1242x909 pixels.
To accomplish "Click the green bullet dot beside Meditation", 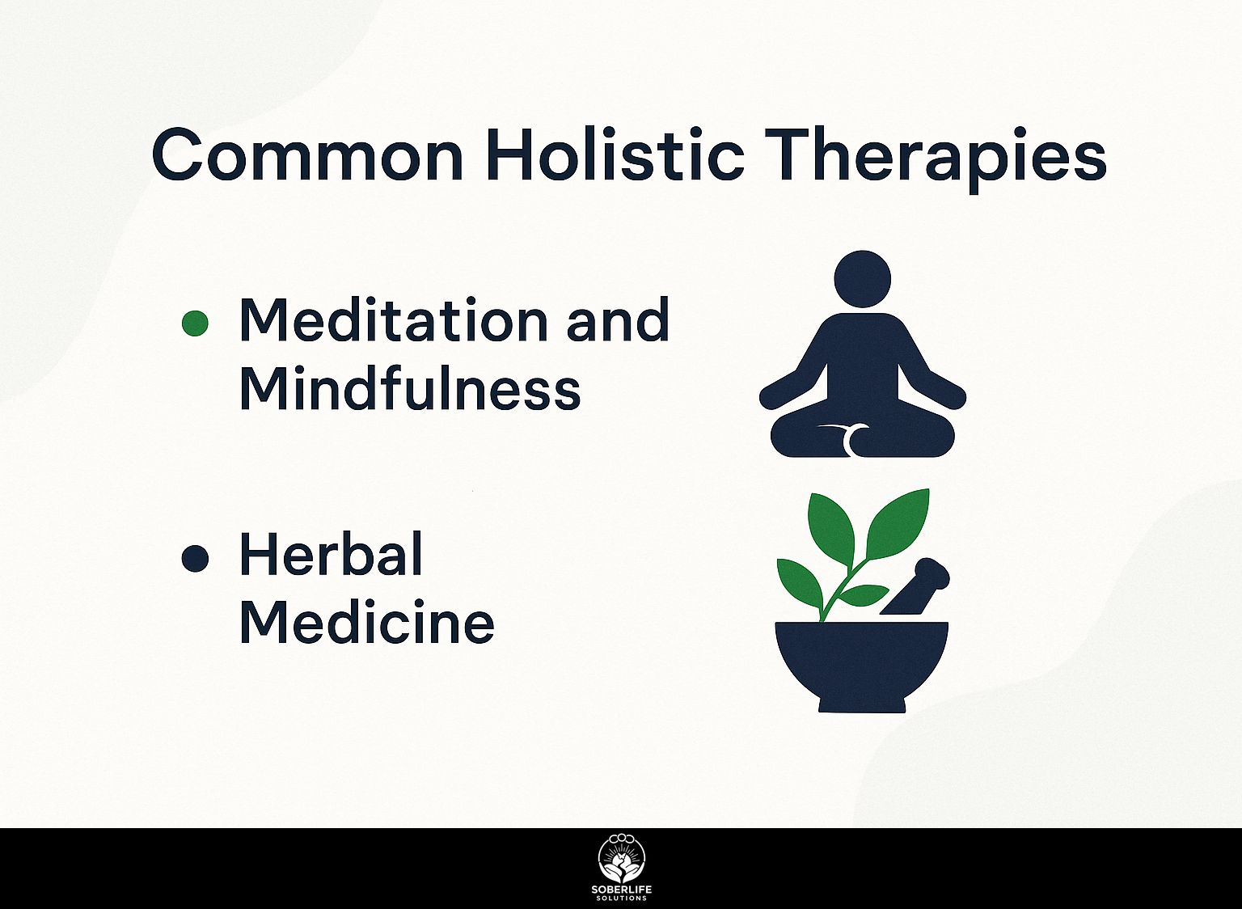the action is point(195,323).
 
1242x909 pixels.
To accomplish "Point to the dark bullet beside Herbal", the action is point(195,559).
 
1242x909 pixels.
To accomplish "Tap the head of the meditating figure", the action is point(862,279).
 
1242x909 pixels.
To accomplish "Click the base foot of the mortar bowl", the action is point(862,705).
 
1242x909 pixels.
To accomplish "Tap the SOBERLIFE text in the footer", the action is point(622,890).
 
